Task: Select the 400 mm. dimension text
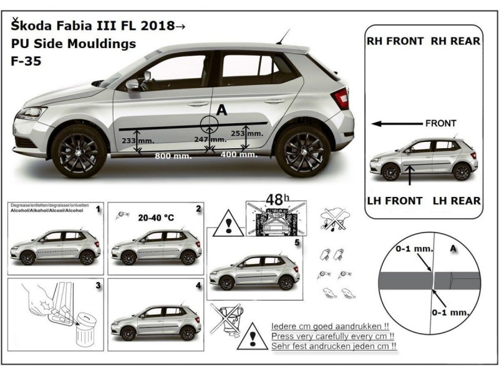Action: (x=239, y=154)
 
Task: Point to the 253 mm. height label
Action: (x=247, y=133)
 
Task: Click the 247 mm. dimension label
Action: (x=210, y=139)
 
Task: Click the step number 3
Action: (x=98, y=286)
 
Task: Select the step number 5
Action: (x=298, y=241)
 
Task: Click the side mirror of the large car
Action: (x=132, y=84)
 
